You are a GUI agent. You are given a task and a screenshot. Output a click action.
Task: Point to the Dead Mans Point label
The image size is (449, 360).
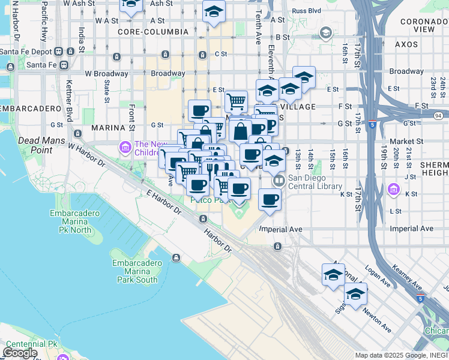37,145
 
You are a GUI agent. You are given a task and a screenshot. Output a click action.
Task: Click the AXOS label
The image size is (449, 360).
406,44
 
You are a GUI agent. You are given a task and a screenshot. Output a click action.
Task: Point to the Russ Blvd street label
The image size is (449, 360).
306,11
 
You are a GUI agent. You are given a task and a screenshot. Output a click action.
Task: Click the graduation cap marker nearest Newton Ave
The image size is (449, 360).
355,294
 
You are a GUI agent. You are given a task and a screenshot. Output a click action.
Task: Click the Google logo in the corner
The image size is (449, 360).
20,353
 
